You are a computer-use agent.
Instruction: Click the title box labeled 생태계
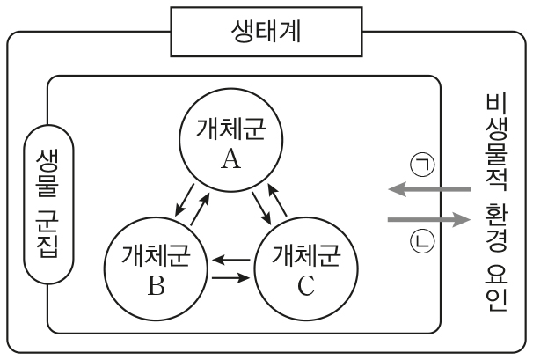click(x=266, y=35)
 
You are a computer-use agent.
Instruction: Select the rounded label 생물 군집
click(x=48, y=202)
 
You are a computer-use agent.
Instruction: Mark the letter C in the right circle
click(x=305, y=283)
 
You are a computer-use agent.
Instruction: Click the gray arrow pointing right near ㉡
click(x=427, y=219)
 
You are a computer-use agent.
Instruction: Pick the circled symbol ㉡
click(x=417, y=240)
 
